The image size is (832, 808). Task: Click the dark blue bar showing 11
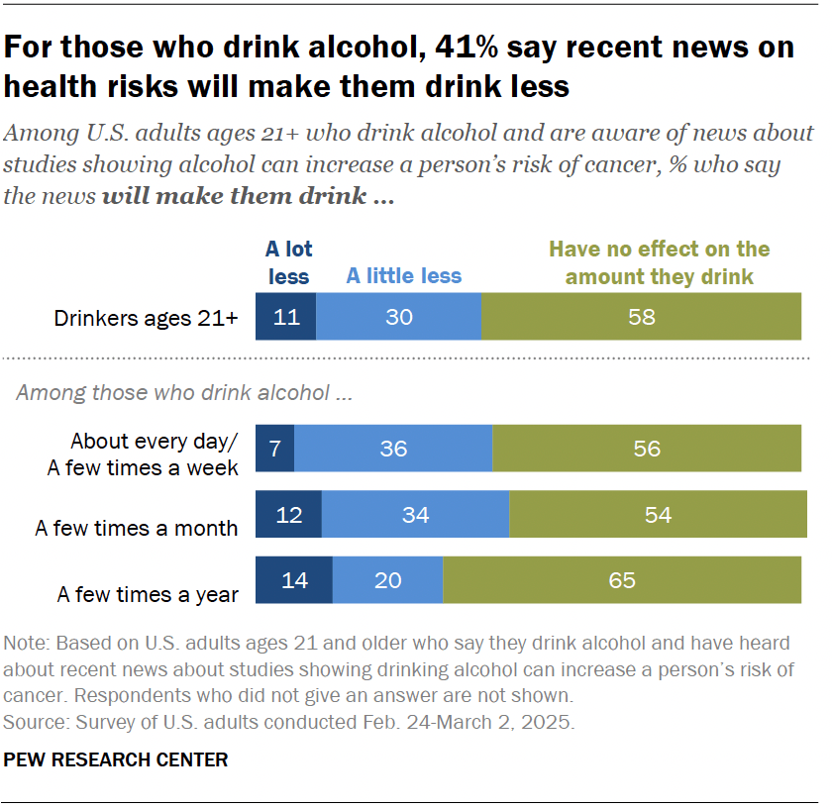(x=285, y=317)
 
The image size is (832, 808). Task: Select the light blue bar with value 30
(x=398, y=317)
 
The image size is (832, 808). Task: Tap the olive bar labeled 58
(x=641, y=317)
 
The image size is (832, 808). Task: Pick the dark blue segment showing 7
(x=274, y=448)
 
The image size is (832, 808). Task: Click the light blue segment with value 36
(x=393, y=448)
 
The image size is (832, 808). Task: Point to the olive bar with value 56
(x=646, y=448)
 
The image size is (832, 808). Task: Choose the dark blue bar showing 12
(x=288, y=514)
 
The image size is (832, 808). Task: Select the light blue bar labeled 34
(x=415, y=514)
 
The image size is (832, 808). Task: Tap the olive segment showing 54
(x=658, y=514)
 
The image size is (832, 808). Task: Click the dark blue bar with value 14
(x=294, y=580)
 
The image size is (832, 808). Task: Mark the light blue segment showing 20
(x=387, y=580)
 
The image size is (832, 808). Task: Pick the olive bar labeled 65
(x=621, y=580)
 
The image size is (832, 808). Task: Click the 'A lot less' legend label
(x=288, y=263)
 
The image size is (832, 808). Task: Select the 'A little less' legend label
(x=403, y=275)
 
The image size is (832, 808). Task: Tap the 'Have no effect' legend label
(x=659, y=263)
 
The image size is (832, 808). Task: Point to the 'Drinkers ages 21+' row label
(x=146, y=318)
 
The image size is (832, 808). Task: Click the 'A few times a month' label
(x=137, y=528)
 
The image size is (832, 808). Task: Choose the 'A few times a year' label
(x=148, y=594)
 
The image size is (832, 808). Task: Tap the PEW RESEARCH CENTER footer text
(x=116, y=760)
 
